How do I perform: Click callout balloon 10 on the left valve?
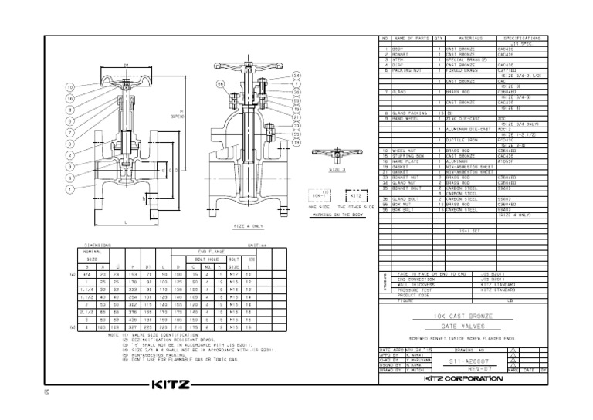(71, 88)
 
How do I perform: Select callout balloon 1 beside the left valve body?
(71, 188)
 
